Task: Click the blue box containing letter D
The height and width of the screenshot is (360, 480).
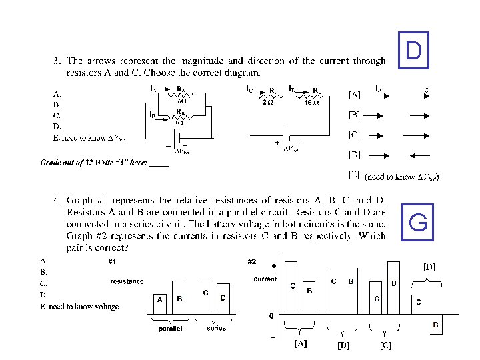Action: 413,50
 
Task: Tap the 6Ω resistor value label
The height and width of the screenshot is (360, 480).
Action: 181,100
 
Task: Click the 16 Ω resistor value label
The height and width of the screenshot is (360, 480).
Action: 311,102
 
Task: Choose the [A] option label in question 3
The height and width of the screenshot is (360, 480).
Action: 355,95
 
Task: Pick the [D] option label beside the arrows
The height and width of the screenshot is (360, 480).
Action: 355,155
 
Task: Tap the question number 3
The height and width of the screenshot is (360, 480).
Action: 56,61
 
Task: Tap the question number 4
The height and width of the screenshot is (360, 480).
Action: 56,199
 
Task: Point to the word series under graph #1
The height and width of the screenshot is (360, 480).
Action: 216,328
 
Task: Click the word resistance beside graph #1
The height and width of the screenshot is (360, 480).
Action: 127,281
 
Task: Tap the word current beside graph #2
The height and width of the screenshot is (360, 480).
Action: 265,279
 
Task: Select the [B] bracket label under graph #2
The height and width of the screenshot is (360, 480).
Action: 343,345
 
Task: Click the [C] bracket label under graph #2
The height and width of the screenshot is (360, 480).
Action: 385,345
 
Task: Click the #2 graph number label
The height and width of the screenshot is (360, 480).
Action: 252,261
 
